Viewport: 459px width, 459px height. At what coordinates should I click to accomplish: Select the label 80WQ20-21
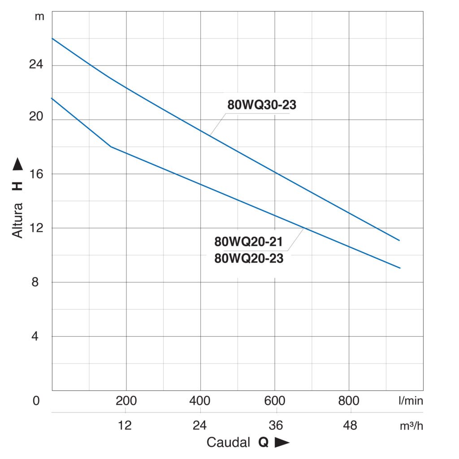pos(249,242)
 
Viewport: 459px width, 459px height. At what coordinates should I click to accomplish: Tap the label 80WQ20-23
pos(249,258)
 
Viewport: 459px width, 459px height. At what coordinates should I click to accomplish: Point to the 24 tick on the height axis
pos(36,65)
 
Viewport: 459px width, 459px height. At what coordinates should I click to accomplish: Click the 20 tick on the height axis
pos(36,120)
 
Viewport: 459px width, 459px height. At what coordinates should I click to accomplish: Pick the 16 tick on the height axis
pos(36,174)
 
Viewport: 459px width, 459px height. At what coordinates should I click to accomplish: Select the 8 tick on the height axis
pos(37,282)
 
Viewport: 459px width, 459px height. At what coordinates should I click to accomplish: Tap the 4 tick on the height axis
pos(37,337)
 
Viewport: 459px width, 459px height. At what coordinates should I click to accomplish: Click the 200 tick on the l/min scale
pos(126,401)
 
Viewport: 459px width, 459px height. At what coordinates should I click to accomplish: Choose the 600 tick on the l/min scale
pos(275,401)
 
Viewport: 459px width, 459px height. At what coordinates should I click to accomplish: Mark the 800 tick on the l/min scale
pos(349,401)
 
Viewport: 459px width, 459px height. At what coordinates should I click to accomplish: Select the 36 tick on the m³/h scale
pos(275,425)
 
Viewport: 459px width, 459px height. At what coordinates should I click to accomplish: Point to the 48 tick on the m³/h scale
pos(349,425)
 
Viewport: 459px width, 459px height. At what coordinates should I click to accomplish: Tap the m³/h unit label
pos(411,425)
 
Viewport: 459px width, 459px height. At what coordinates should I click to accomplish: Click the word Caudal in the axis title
pos(228,443)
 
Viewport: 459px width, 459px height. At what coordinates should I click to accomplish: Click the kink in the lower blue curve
pos(111,147)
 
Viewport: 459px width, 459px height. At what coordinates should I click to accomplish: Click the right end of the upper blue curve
pos(399,240)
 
